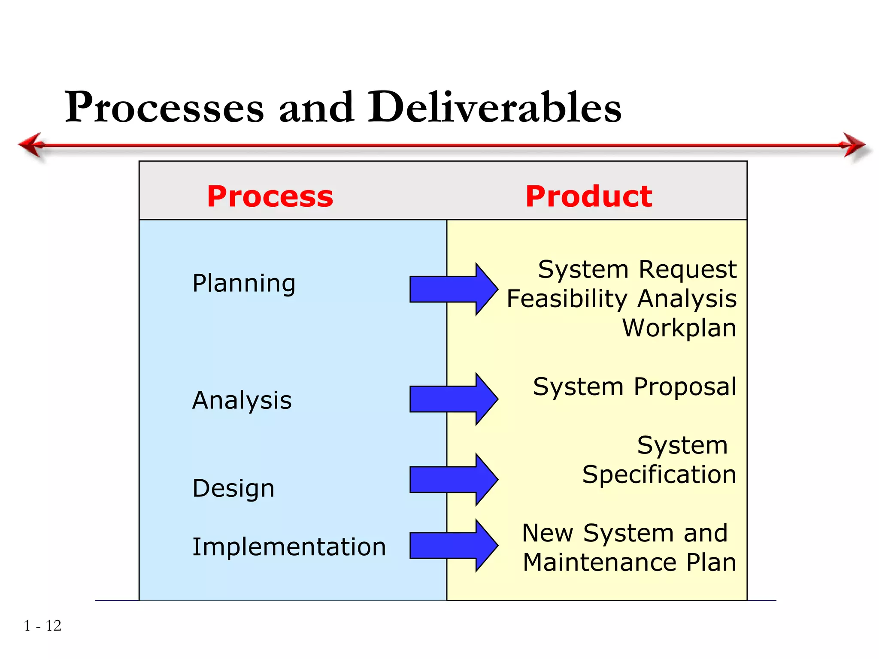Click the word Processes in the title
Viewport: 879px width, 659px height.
164,107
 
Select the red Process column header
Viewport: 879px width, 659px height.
270,196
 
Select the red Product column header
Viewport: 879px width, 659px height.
589,196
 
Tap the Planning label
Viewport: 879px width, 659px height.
244,284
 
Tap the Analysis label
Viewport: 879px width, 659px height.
242,401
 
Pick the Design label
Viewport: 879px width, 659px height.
233,489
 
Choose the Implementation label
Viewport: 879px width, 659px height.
289,547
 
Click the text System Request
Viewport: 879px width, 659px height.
637,270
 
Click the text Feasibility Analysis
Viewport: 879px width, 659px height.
621,299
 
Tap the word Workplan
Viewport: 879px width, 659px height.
679,328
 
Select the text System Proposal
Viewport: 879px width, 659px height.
634,387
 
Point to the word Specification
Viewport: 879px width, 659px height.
659,475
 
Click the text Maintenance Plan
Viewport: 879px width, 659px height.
629,562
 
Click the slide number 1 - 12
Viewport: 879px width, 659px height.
42,626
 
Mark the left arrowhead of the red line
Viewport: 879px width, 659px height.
31,145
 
